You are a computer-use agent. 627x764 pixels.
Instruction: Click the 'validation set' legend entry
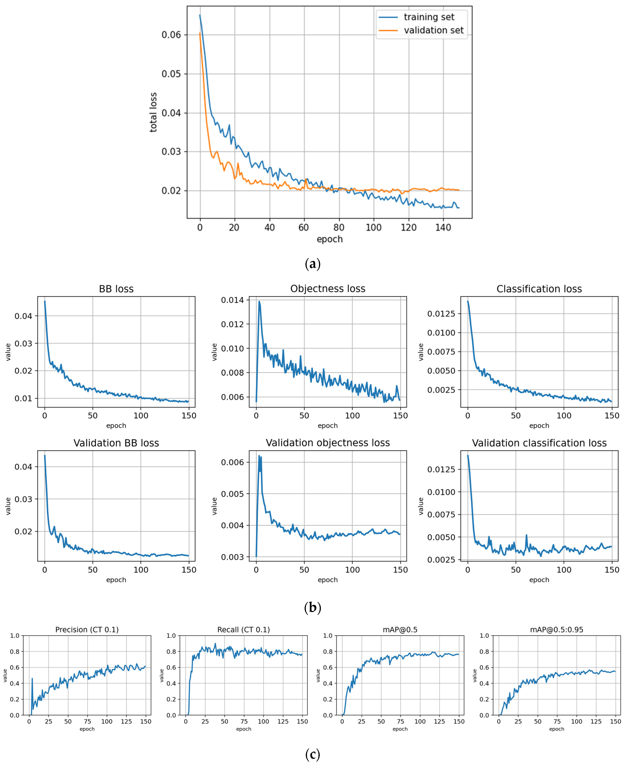[433, 30]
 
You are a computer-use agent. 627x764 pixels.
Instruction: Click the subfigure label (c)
[313, 754]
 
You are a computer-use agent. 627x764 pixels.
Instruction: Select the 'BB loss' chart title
[116, 289]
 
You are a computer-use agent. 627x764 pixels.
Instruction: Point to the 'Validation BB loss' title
[116, 443]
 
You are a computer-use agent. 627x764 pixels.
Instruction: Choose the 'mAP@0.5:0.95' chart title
[556, 630]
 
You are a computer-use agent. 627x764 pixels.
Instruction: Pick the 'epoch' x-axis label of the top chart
[329, 239]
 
